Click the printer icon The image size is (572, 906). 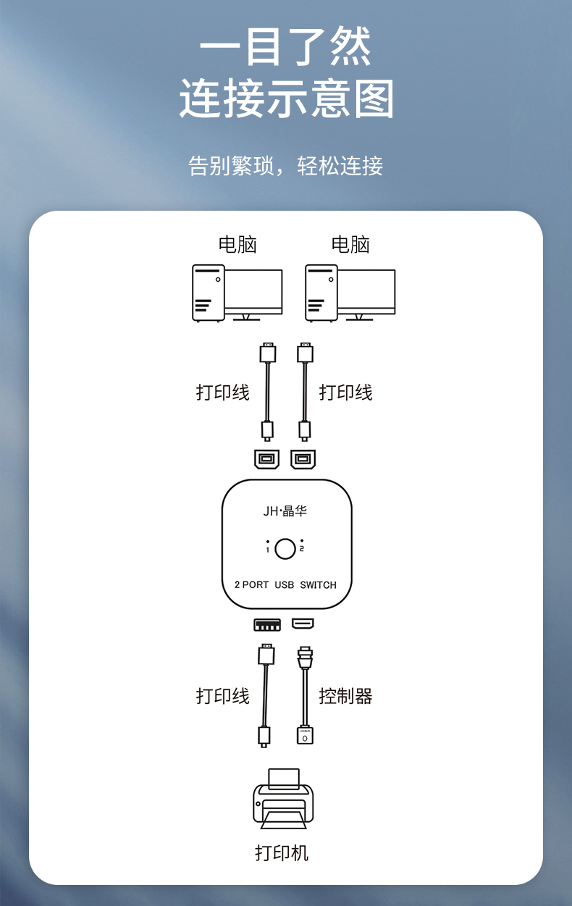pyautogui.click(x=283, y=799)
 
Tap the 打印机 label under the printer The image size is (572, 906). pyautogui.click(x=282, y=853)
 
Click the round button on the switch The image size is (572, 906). pyautogui.click(x=285, y=549)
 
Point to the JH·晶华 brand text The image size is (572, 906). pyautogui.click(x=285, y=511)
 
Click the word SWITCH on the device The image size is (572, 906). pyautogui.click(x=318, y=585)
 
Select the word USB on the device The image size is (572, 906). pyautogui.click(x=284, y=585)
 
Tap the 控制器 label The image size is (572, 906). pyautogui.click(x=345, y=696)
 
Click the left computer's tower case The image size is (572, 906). pyautogui.click(x=209, y=293)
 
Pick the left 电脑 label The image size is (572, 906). pyautogui.click(x=237, y=245)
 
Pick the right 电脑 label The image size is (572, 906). pyautogui.click(x=350, y=245)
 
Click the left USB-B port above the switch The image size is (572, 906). pyautogui.click(x=266, y=459)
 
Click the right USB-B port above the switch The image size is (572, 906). pyautogui.click(x=303, y=459)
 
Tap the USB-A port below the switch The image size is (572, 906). pyautogui.click(x=267, y=625)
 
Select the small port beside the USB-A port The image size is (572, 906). pyautogui.click(x=303, y=624)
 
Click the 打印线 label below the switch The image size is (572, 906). pyautogui.click(x=223, y=696)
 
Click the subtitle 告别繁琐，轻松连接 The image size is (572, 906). pyautogui.click(x=285, y=165)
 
